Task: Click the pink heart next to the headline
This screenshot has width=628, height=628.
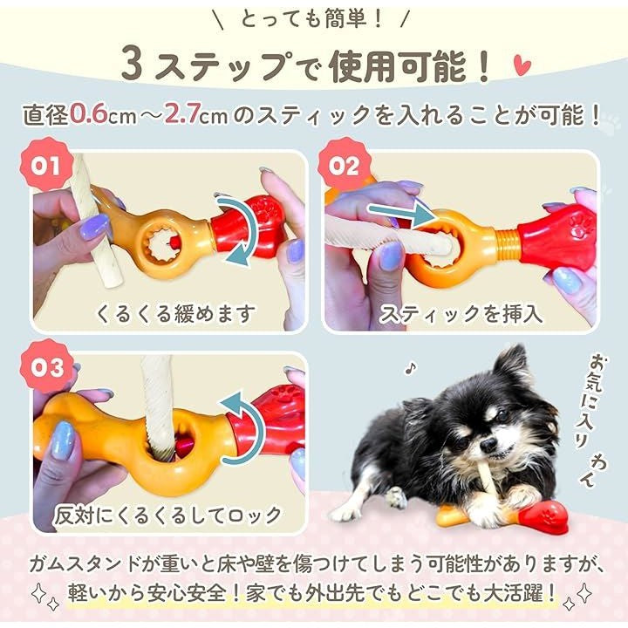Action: click(522, 65)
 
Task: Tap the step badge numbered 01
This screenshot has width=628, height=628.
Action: click(47, 165)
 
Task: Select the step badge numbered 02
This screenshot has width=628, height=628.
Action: click(344, 165)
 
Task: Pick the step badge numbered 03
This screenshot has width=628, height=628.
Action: click(47, 366)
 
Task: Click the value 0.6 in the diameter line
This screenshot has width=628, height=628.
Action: click(89, 115)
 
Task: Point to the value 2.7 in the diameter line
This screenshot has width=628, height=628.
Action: click(182, 115)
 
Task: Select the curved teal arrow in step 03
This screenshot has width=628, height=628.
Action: click(242, 428)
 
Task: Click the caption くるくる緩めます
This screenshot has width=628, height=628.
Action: click(175, 313)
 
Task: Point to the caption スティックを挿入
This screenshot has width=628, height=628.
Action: click(461, 313)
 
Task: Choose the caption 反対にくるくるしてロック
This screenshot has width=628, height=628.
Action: click(168, 515)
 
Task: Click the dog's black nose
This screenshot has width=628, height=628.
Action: click(488, 443)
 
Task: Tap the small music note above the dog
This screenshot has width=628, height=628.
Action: click(411, 367)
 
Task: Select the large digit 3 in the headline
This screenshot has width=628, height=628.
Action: click(133, 64)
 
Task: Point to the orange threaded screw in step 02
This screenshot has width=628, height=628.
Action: click(506, 242)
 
